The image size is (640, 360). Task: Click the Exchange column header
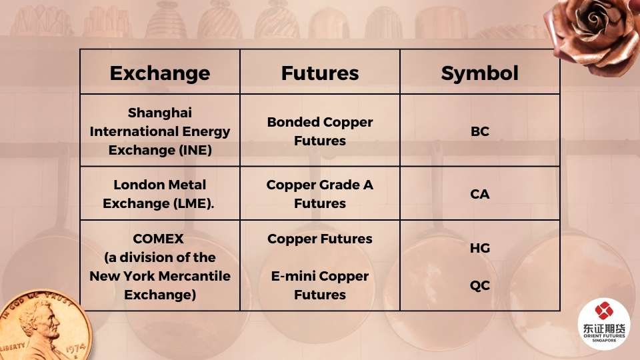point(159,73)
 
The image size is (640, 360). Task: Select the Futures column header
point(320,73)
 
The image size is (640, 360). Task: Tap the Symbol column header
point(479,73)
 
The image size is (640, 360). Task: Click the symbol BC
point(479,131)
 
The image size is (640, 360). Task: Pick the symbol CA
point(479,194)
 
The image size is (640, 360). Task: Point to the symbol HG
point(479,248)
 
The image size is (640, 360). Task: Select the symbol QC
point(479,285)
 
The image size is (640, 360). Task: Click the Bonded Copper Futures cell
point(320,131)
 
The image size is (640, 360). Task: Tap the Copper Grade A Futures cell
point(320,194)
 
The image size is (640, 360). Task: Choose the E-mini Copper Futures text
point(320,285)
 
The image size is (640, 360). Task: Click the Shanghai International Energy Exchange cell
point(159,131)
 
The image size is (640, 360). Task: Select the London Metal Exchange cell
point(159,194)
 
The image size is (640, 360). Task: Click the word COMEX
point(159,239)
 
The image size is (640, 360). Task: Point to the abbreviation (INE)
point(195,150)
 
